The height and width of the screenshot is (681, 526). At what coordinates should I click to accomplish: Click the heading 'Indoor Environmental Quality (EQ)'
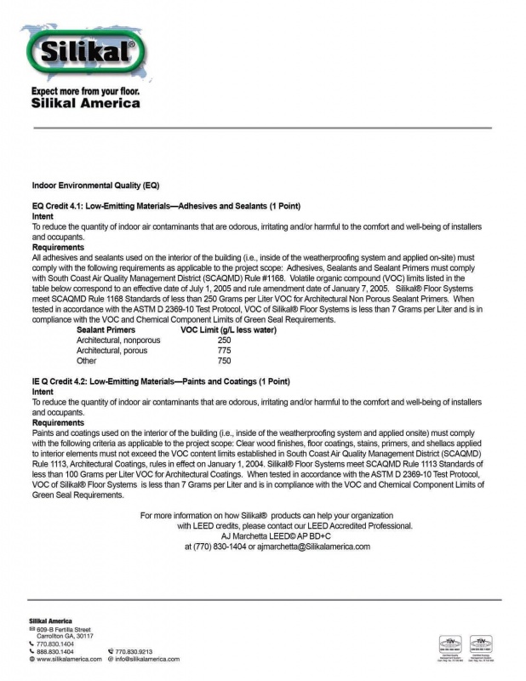[95, 185]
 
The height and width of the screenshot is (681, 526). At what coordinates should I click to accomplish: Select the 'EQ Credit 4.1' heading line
[166, 207]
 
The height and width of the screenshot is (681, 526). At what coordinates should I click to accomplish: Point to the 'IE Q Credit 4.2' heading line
[161, 381]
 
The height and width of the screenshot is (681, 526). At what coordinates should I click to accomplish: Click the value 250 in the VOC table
[224, 340]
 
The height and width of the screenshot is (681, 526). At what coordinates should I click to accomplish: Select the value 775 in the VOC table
[224, 350]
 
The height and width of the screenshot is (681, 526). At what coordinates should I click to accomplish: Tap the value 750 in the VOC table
[224, 360]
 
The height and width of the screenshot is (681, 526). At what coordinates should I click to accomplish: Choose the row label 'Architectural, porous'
[111, 350]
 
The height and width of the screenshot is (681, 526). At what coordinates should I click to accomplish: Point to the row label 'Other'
[87, 360]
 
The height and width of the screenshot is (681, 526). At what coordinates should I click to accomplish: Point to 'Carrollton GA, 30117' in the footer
[66, 636]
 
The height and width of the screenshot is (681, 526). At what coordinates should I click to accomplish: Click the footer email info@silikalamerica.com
[147, 659]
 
